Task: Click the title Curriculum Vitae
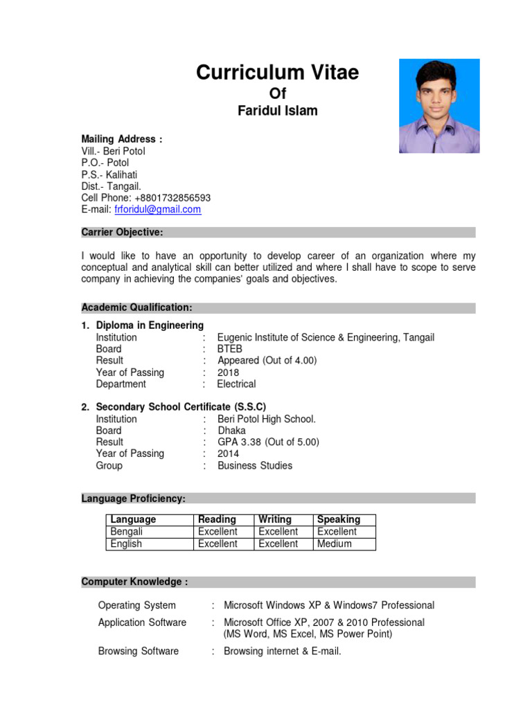[277, 72]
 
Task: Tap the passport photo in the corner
[439, 106]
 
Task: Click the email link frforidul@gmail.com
[157, 209]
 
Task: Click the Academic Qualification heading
[136, 307]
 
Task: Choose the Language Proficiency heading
[133, 499]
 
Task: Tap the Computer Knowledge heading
[134, 582]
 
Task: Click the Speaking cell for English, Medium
[335, 544]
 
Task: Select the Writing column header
[275, 519]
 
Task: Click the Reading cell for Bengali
[218, 532]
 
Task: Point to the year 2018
[229, 373]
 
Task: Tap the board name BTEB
[230, 349]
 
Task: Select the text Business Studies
[255, 465]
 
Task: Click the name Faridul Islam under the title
[277, 111]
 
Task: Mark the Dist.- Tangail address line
[112, 186]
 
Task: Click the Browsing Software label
[139, 651]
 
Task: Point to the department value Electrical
[236, 384]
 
